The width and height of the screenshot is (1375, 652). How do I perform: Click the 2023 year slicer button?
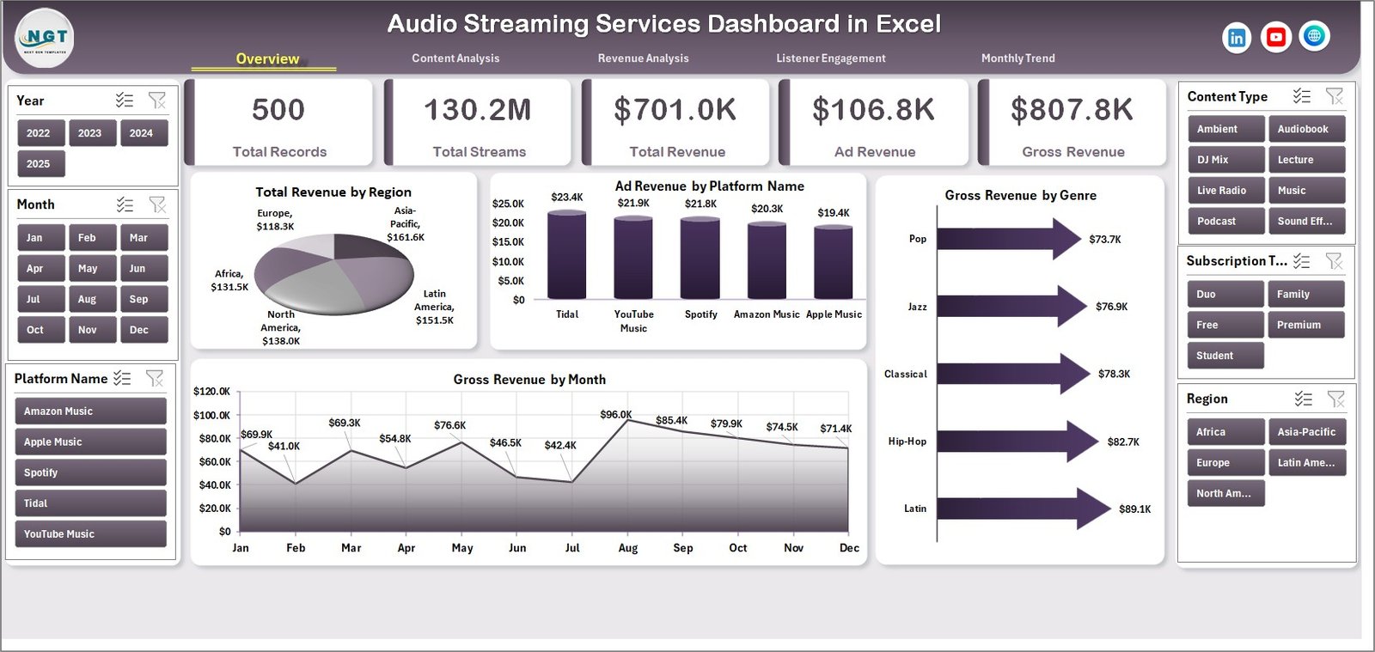click(91, 133)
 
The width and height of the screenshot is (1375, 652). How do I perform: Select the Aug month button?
click(88, 299)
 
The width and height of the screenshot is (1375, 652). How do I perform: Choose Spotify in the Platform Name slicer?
click(90, 472)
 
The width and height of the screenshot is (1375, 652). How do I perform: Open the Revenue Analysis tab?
click(643, 58)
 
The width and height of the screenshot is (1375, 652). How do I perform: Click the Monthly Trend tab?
click(1017, 58)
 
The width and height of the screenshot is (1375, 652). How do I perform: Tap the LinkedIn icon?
click(1236, 38)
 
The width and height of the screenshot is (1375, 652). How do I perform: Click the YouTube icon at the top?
click(1275, 37)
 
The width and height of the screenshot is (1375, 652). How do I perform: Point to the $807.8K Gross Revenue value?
click(1072, 110)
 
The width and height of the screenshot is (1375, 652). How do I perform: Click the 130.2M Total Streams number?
click(478, 110)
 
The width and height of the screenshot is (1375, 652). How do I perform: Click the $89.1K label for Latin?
click(1134, 509)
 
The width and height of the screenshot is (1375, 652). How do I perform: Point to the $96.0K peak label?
click(615, 414)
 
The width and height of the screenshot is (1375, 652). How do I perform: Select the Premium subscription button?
click(1305, 325)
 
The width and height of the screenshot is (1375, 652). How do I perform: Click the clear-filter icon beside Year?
click(157, 101)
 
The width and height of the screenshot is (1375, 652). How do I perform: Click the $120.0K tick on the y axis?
click(211, 392)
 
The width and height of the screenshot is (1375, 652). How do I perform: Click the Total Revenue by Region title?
click(333, 192)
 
